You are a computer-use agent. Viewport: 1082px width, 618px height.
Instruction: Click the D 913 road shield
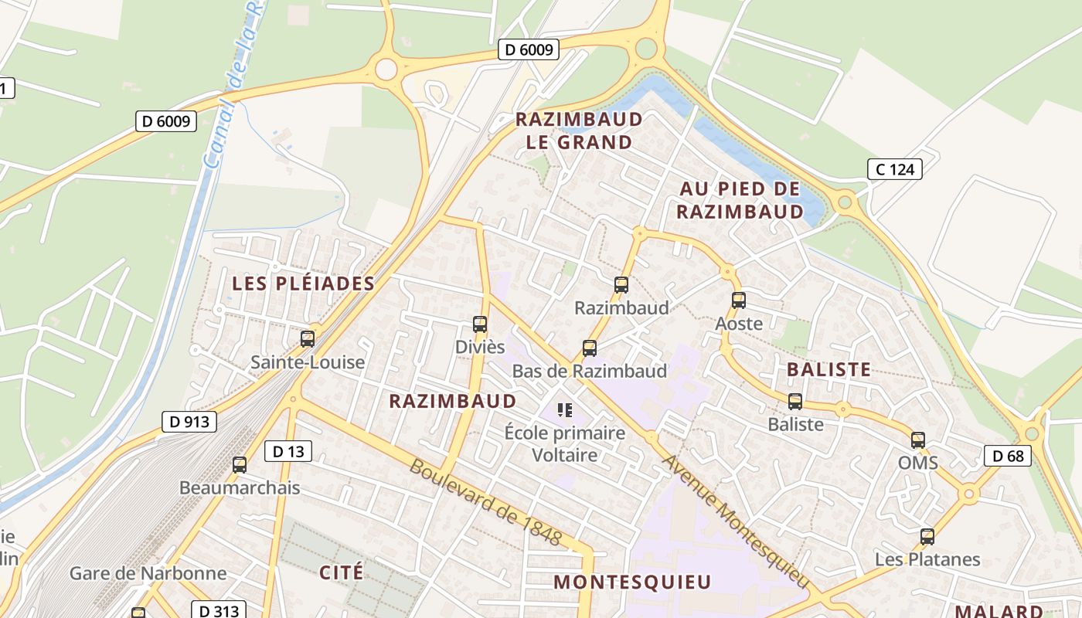click(189, 422)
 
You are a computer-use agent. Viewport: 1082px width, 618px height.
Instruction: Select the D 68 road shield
click(1008, 456)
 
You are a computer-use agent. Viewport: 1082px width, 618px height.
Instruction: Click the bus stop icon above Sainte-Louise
click(308, 338)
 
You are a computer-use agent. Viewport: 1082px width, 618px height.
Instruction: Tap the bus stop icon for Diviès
click(480, 324)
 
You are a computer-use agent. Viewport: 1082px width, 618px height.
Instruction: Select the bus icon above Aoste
click(739, 301)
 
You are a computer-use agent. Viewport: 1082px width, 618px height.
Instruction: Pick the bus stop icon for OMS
click(918, 440)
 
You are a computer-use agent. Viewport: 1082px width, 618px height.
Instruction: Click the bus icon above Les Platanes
click(927, 536)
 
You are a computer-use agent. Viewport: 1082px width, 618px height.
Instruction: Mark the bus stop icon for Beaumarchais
click(240, 465)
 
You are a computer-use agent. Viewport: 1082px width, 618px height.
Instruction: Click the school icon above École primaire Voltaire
click(565, 409)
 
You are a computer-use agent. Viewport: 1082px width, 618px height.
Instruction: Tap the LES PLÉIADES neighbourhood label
click(304, 284)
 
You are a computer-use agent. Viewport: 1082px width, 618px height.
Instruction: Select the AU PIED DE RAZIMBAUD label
click(740, 200)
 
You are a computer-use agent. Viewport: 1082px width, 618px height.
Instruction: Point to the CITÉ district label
click(341, 572)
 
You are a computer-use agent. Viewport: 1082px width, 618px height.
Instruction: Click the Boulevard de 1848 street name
click(485, 502)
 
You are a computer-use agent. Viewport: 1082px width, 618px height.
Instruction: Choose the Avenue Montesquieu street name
click(735, 520)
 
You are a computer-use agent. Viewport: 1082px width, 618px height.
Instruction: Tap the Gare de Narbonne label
click(148, 573)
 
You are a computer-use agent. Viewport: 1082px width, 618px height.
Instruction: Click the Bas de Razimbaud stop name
click(590, 372)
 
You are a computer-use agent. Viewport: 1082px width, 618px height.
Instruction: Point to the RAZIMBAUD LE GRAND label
click(579, 131)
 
